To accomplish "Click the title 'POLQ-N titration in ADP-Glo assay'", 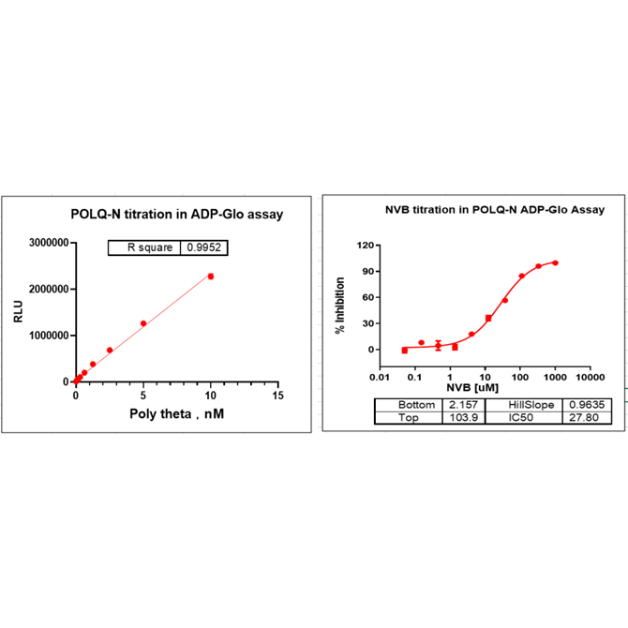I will pos(178,215).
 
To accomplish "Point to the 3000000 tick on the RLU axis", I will pos(45,243).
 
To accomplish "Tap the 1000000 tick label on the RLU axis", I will pos(45,336).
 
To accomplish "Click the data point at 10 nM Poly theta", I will pos(211,277).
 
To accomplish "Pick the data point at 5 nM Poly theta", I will pos(143,323).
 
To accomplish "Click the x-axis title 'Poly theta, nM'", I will pos(177,413).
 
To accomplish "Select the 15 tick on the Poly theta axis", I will pos(277,396).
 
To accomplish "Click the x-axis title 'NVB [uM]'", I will pos(467,387).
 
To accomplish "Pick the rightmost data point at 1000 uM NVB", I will pos(556,262).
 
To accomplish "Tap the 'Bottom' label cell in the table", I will pos(408,404).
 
